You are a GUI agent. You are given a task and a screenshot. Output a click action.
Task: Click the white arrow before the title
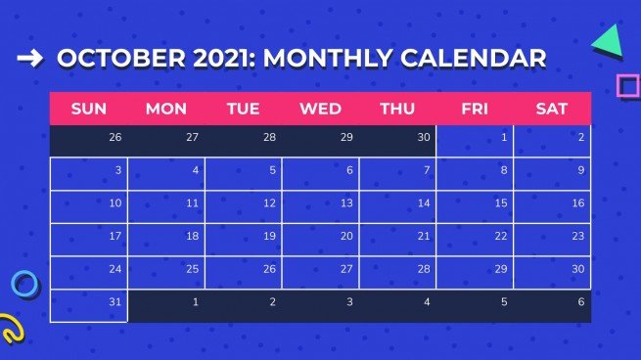pos(30,59)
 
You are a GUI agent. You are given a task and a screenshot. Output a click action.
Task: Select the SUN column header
pos(88,109)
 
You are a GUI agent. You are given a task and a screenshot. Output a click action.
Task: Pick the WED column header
pos(320,109)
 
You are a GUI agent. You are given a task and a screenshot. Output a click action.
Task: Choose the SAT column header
pos(552,109)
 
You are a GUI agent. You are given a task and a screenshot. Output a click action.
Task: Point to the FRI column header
pos(475,109)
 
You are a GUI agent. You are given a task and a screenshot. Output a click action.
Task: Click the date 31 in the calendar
pos(115,302)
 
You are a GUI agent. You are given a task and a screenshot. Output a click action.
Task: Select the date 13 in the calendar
pos(346,203)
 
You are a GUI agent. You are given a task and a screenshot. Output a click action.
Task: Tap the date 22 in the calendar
pos(501,236)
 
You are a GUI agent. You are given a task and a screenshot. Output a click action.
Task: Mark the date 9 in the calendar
pos(580,170)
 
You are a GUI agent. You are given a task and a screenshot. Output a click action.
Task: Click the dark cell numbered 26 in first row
pos(115,138)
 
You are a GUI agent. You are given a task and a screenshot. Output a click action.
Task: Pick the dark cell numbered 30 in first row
pos(424,138)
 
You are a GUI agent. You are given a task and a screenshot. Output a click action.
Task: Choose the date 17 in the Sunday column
pos(115,236)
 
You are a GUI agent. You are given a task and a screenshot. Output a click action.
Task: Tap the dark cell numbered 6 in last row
pos(580,302)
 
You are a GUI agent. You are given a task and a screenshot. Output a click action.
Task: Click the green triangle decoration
pos(609,40)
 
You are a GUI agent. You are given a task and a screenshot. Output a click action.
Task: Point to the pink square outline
pos(627,86)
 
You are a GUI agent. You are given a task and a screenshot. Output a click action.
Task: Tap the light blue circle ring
pos(24,285)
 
